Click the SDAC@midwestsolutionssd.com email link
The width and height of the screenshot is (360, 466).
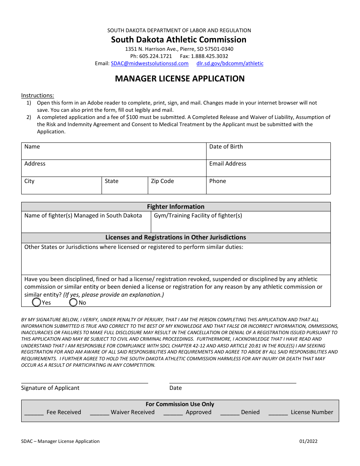pyautogui.click(x=150, y=64)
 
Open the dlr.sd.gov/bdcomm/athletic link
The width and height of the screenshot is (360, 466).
pyautogui.click(x=230, y=64)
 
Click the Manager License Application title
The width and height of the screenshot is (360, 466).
pyautogui.click(x=180, y=79)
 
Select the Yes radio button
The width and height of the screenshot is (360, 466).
pyautogui.click(x=37, y=302)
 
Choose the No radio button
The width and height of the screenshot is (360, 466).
pyautogui.click(x=73, y=302)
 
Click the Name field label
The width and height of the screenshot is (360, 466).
pyautogui.click(x=32, y=147)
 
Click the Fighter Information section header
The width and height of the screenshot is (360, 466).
pyautogui.click(x=176, y=207)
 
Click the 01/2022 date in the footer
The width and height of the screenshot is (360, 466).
pyautogui.click(x=308, y=441)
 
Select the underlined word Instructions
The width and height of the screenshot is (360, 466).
pyautogui.click(x=38, y=95)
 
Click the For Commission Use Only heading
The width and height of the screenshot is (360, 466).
pyautogui.click(x=180, y=404)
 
